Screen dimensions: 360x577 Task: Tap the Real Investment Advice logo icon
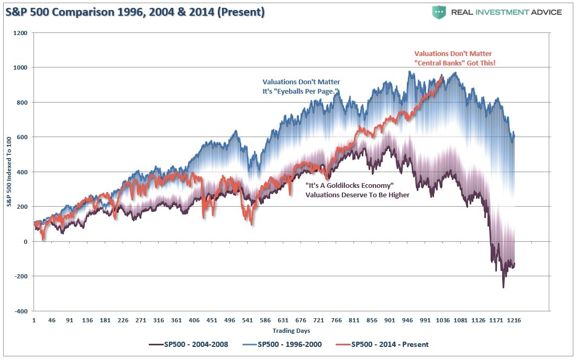tap(439, 12)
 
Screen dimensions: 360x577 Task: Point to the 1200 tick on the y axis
tap(21, 33)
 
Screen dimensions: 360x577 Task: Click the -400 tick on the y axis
tap(21, 311)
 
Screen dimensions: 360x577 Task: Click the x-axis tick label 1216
tap(514, 320)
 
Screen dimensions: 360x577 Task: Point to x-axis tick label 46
tap(52, 320)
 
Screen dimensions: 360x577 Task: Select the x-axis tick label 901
tap(390, 320)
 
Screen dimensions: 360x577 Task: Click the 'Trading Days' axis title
tap(291, 331)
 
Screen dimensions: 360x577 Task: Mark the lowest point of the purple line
tap(503, 287)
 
